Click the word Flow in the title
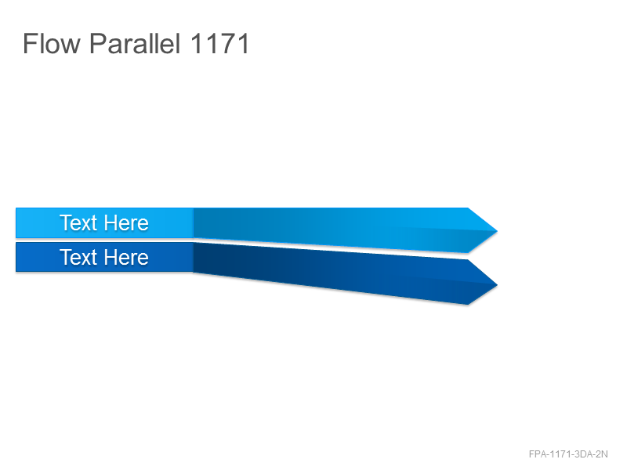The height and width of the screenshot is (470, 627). (x=52, y=43)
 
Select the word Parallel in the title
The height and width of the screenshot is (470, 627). (x=135, y=43)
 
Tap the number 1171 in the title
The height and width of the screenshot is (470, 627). (x=220, y=43)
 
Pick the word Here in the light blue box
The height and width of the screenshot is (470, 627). (x=126, y=222)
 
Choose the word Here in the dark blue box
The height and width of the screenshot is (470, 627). (x=126, y=257)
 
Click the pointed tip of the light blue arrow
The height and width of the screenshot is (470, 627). (x=497, y=230)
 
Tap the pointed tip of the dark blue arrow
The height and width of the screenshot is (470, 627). (x=497, y=285)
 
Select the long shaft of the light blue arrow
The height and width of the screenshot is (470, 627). (x=331, y=228)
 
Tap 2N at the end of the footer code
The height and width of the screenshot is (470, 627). (x=602, y=454)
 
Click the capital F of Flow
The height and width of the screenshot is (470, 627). (x=30, y=43)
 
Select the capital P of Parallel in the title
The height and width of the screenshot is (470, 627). (x=97, y=43)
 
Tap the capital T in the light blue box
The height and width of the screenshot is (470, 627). (x=66, y=222)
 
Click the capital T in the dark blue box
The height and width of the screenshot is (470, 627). (x=66, y=257)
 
